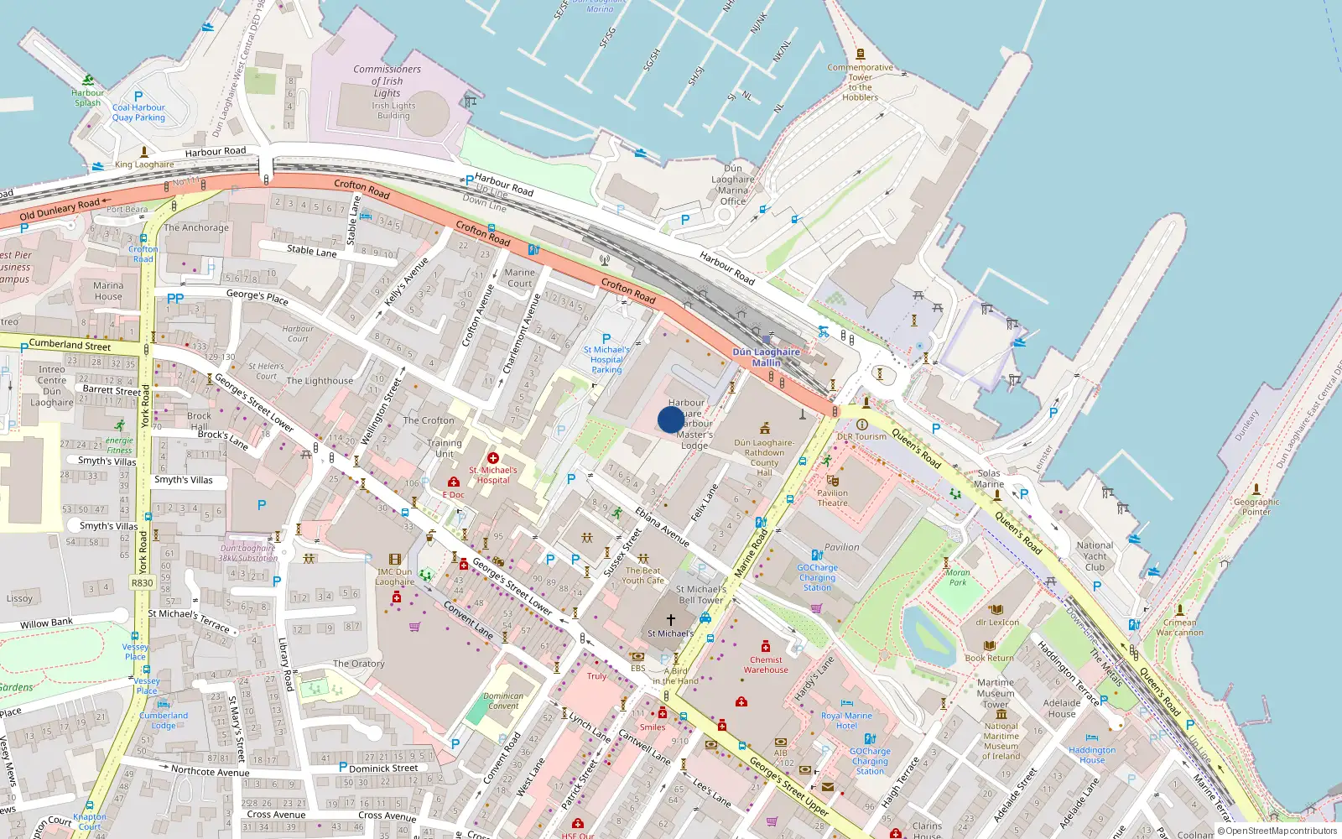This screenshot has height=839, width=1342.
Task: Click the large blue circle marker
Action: [x=670, y=419]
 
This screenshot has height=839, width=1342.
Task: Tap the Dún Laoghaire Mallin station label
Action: [x=766, y=357]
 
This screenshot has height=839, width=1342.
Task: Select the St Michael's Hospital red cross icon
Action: [x=493, y=458]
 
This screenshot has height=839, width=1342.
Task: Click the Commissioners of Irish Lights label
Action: [x=387, y=81]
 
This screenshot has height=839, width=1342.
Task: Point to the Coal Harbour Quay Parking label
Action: [x=138, y=112]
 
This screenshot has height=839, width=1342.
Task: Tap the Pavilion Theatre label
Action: [x=832, y=498]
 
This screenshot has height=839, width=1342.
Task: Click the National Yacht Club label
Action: [x=1095, y=555]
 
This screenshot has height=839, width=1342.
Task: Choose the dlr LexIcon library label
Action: [x=997, y=623]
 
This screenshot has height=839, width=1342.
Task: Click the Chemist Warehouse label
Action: [x=766, y=664]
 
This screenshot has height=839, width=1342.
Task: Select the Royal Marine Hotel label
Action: [x=846, y=721]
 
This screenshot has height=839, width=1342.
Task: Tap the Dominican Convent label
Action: [x=503, y=701]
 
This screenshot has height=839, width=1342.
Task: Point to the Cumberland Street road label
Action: [x=70, y=344]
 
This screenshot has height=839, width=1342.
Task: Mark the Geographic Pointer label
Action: [x=1256, y=507]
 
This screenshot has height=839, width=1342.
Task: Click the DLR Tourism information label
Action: [x=861, y=436]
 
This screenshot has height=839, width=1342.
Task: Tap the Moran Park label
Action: [x=958, y=577]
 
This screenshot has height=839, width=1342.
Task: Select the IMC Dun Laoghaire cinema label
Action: [x=394, y=576]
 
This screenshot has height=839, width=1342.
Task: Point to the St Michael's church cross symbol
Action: [x=670, y=620]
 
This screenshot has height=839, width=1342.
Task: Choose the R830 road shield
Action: [x=143, y=583]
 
